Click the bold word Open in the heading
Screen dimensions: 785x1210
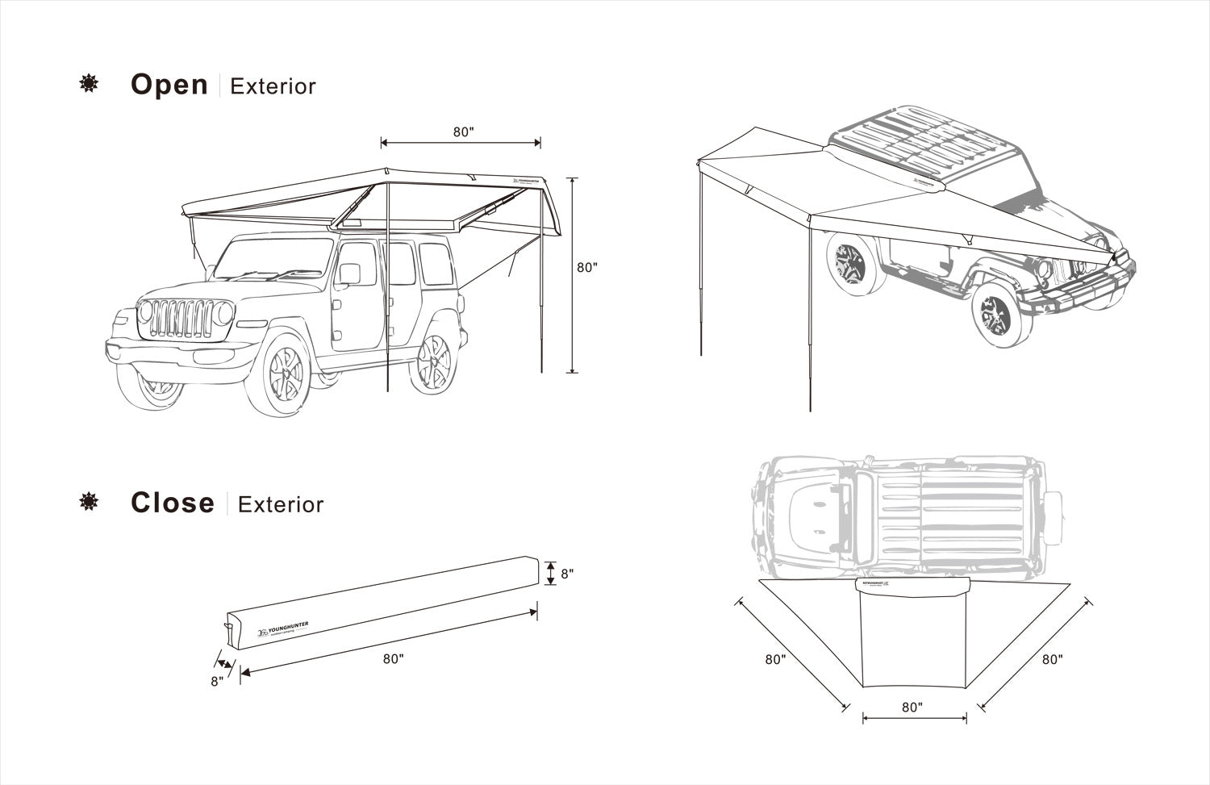169,85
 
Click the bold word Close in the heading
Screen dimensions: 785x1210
173,503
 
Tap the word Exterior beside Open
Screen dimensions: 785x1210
273,86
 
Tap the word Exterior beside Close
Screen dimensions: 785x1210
281,505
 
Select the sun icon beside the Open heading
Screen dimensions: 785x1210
88,84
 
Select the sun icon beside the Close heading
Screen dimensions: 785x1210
88,503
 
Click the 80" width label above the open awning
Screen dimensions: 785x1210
462,132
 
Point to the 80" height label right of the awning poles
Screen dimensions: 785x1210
587,268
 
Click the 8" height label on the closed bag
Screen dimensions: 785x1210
567,574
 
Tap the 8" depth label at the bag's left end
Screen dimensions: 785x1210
216,680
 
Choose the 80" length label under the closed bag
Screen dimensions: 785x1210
393,658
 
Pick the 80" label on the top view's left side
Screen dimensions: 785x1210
775,659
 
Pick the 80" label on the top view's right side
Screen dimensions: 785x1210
1052,659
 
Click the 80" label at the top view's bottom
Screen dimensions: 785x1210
912,707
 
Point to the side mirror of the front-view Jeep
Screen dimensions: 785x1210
349,273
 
